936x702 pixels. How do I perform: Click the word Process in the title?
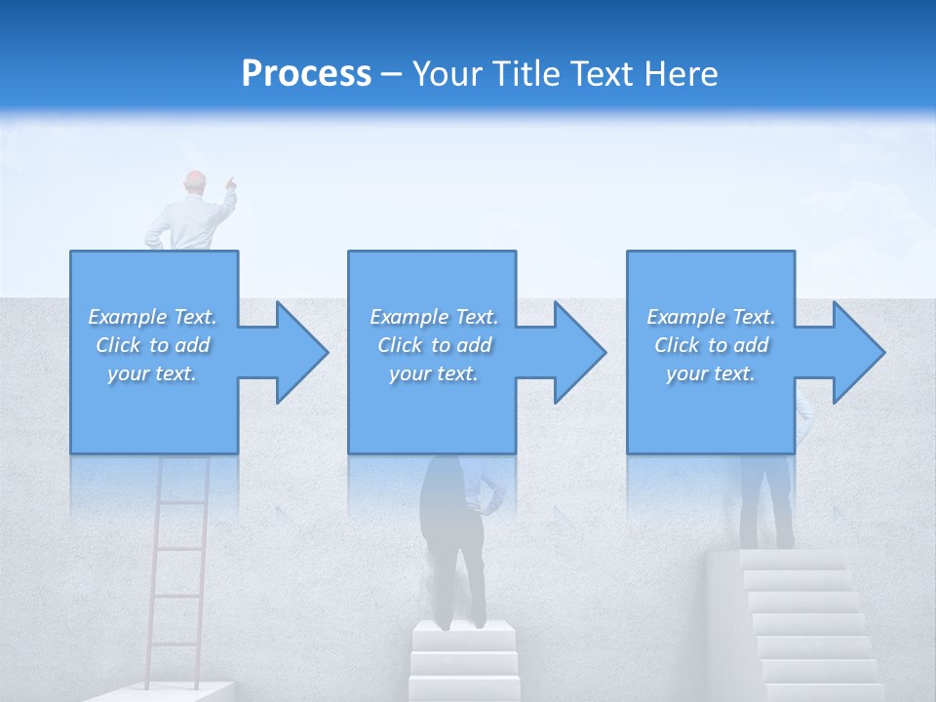pos(306,74)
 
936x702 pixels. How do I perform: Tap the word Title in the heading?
pos(527,74)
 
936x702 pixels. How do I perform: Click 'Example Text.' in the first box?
pos(152,317)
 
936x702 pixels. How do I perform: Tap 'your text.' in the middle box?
pos(433,373)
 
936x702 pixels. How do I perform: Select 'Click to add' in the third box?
pos(711,345)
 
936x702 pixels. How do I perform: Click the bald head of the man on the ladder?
pos(196,182)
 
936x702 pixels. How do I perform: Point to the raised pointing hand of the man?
pos(230,181)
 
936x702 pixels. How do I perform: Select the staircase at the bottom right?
pos(799,624)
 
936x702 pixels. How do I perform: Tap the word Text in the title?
pos(603,74)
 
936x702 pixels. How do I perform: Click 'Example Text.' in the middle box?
pos(433,317)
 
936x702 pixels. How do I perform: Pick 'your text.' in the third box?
pos(711,373)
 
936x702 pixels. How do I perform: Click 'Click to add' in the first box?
pos(152,345)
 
